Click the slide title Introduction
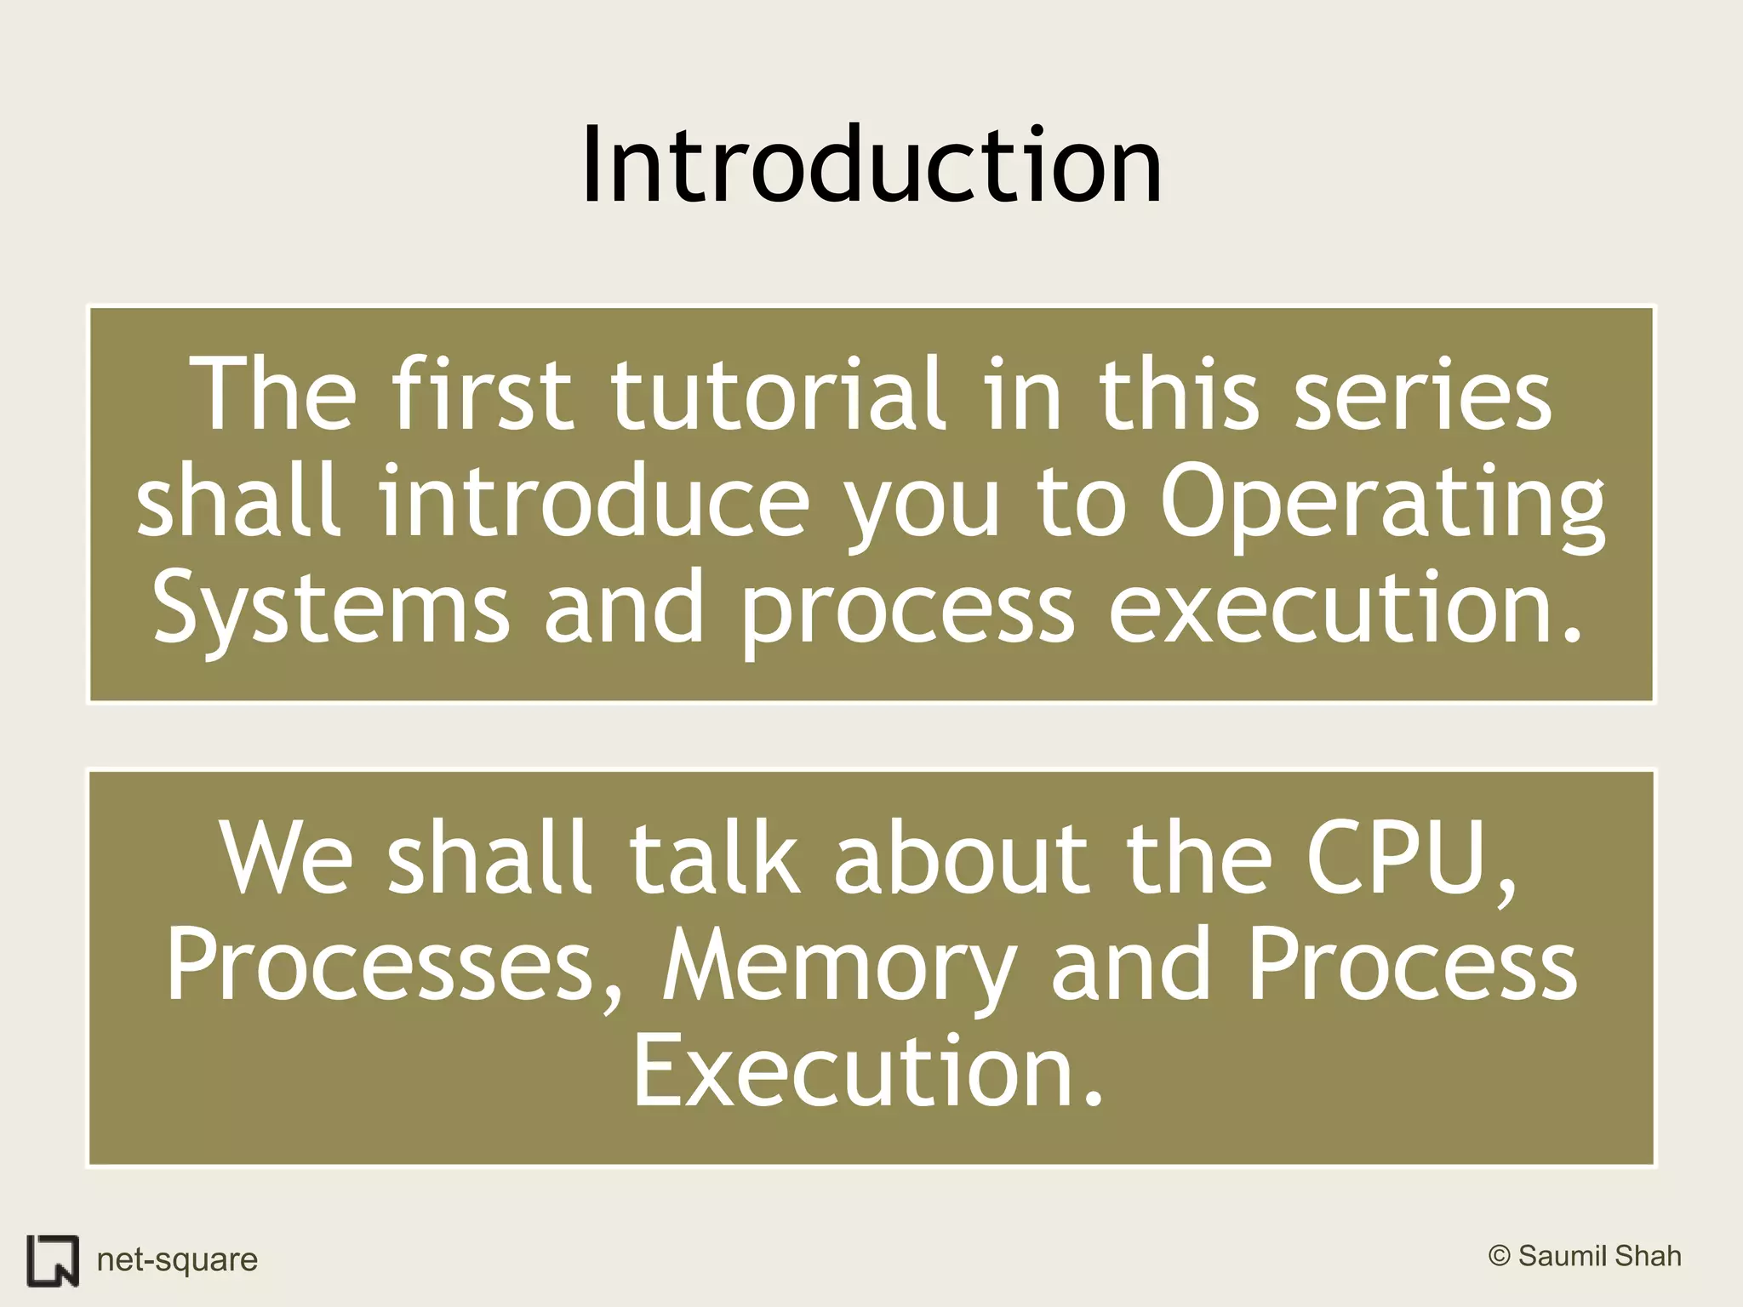[x=871, y=166]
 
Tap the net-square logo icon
[x=53, y=1258]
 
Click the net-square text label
[x=177, y=1259]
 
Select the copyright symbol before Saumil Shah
[x=1500, y=1256]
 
